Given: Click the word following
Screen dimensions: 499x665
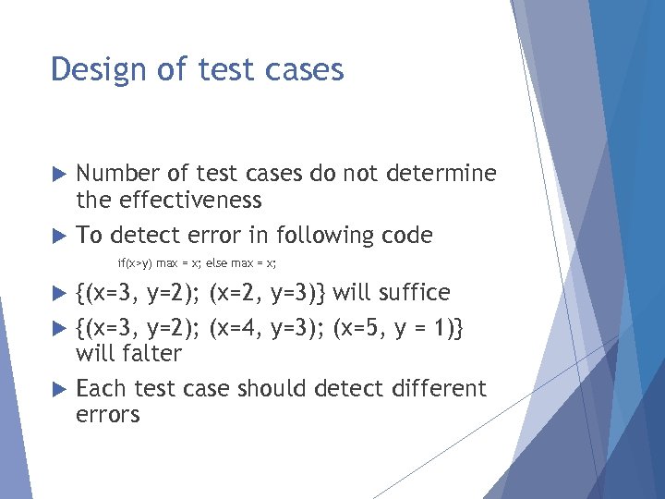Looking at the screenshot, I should [339, 236].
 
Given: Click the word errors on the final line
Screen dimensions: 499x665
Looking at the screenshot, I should [107, 415].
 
